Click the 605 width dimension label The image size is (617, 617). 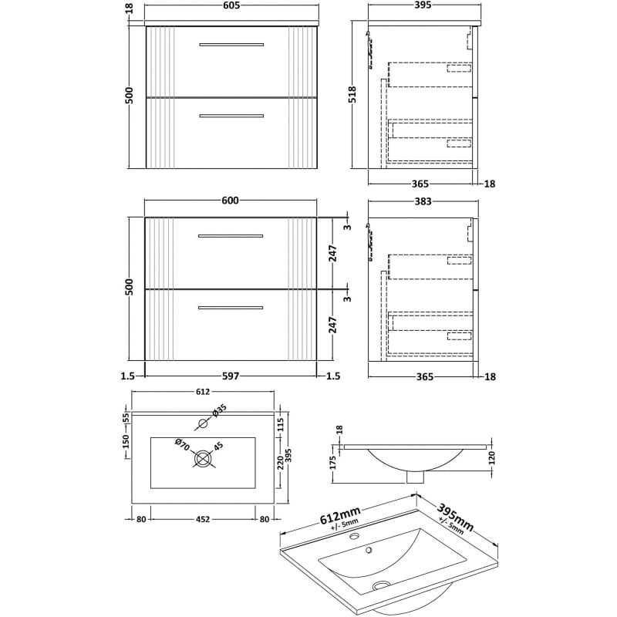(232, 7)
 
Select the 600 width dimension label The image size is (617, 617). (231, 201)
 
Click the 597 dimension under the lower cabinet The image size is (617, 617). (231, 376)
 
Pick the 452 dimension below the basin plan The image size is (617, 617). (202, 519)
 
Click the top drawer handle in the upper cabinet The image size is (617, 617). (231, 45)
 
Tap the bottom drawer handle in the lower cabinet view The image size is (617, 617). (231, 308)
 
